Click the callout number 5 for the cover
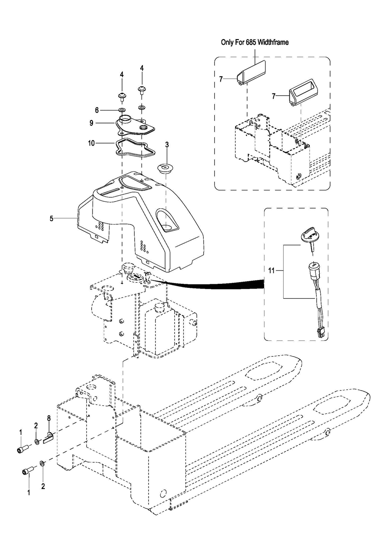(52, 218)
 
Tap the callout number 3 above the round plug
(167, 145)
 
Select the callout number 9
(92, 123)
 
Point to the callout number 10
(92, 143)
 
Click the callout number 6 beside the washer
(97, 110)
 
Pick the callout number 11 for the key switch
(272, 271)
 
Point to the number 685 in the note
(250, 42)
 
